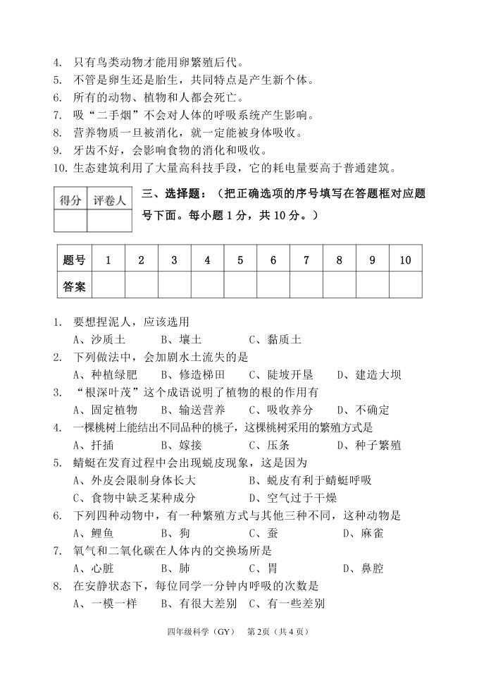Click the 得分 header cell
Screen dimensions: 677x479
70,200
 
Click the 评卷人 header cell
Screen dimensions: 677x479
109,200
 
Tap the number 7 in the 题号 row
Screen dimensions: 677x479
306,260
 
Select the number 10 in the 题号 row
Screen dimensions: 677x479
405,260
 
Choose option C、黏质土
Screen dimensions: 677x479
275,339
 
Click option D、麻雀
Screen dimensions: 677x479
363,533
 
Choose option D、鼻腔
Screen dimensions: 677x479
363,568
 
